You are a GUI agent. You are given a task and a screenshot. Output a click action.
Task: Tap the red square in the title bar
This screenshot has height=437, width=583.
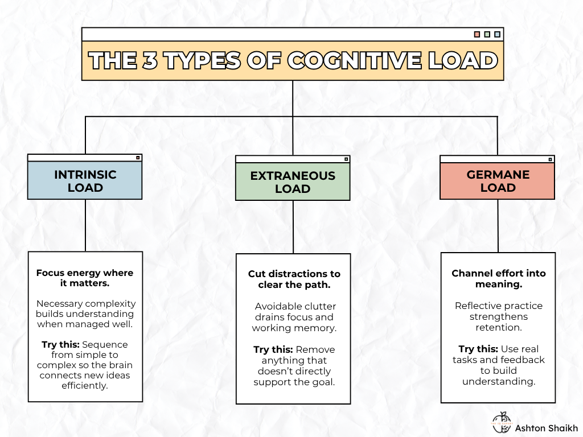(x=477, y=34)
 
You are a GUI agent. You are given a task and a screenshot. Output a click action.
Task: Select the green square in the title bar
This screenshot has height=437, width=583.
(x=487, y=34)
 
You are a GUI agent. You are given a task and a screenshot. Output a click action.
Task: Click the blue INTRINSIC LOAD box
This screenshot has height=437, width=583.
(x=85, y=181)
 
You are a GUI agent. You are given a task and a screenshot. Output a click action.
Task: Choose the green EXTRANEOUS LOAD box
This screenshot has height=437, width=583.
(x=293, y=182)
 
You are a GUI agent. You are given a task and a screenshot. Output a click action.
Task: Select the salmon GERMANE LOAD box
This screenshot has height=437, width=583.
(x=497, y=182)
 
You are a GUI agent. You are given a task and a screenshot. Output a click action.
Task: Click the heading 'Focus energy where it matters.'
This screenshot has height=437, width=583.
(x=85, y=278)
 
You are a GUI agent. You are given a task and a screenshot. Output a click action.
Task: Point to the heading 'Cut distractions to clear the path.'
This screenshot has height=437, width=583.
(x=294, y=279)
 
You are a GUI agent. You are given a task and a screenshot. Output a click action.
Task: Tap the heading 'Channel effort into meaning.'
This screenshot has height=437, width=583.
(x=498, y=279)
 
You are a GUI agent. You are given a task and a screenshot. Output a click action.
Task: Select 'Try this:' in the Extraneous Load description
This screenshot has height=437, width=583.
(x=273, y=349)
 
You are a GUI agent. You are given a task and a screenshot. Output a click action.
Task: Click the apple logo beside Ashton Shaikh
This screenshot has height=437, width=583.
(x=502, y=422)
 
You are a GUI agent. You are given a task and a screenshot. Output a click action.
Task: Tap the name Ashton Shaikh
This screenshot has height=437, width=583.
(x=546, y=428)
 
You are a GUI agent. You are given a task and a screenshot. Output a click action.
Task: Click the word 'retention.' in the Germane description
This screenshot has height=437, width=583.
(x=498, y=327)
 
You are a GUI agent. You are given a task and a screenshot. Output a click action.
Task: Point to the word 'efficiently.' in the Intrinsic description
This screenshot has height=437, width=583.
(x=85, y=386)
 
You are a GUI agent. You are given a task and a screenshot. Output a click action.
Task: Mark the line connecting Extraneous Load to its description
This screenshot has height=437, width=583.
(x=293, y=227)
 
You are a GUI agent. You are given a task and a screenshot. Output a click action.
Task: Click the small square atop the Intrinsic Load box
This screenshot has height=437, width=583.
(x=137, y=158)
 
